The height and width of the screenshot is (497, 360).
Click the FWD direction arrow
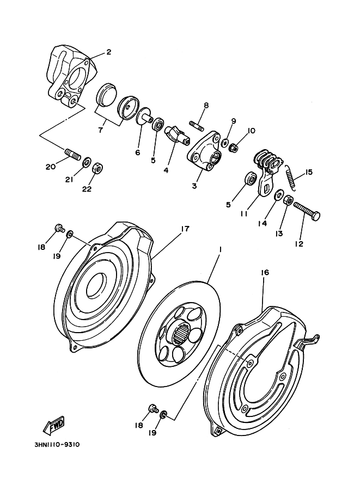tap(54, 425)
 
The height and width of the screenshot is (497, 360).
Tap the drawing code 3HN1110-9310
tap(57, 444)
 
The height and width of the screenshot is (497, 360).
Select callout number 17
tap(185, 229)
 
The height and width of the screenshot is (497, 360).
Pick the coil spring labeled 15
tap(291, 178)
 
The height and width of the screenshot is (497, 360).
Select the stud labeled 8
tap(197, 124)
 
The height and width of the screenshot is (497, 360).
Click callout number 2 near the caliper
tap(108, 52)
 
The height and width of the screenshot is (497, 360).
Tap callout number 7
tap(101, 130)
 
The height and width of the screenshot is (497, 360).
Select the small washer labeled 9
tap(225, 142)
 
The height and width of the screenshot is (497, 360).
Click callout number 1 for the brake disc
tap(219, 250)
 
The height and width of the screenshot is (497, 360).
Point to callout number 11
tap(243, 214)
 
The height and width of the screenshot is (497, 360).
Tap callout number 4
tap(166, 170)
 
